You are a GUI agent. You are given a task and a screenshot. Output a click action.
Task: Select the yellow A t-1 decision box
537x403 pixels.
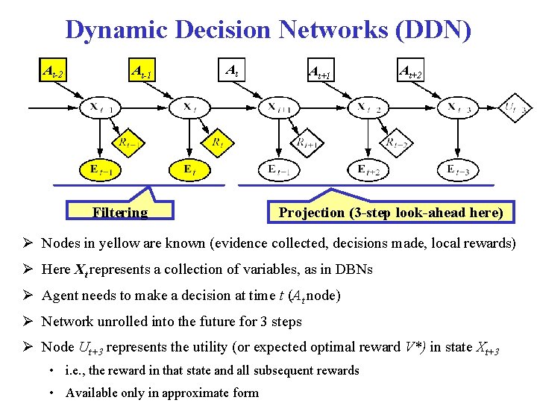[x=142, y=72]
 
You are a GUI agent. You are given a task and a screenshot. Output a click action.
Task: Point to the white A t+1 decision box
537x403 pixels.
[x=321, y=72]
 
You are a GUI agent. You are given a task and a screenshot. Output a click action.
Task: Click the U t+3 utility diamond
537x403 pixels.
[x=515, y=107]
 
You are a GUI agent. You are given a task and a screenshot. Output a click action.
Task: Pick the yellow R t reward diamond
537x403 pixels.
[x=218, y=140]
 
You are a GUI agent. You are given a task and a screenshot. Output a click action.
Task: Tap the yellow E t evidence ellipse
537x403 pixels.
[x=191, y=170]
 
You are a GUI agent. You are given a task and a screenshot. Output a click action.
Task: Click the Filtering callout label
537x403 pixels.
[x=120, y=213]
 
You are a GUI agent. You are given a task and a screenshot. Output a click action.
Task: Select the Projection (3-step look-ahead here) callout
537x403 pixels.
[x=391, y=213]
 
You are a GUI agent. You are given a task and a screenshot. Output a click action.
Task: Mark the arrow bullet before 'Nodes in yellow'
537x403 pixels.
[x=27, y=243]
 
